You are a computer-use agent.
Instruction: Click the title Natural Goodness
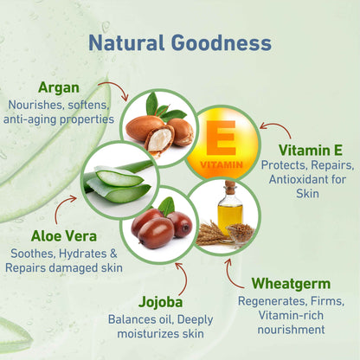coord(180,42)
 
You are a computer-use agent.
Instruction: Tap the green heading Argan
coord(59,87)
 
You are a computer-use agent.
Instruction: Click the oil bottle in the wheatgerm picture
coord(229,210)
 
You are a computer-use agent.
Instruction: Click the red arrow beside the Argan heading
coord(110,88)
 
